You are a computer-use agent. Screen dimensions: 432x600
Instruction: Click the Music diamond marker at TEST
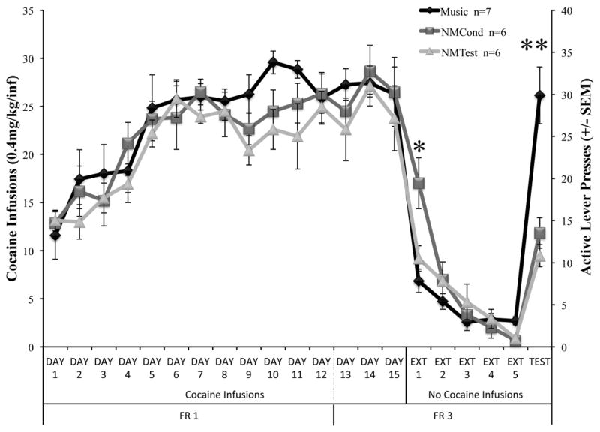pos(538,95)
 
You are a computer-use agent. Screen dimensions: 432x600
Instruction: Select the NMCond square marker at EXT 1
pos(419,183)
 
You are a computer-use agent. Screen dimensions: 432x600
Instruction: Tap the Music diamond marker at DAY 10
pos(273,62)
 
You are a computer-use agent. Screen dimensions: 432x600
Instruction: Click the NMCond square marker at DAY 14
pos(370,72)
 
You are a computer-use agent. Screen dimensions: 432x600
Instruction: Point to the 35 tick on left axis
pos(31,10)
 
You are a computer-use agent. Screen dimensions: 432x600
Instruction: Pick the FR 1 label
pos(188,417)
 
